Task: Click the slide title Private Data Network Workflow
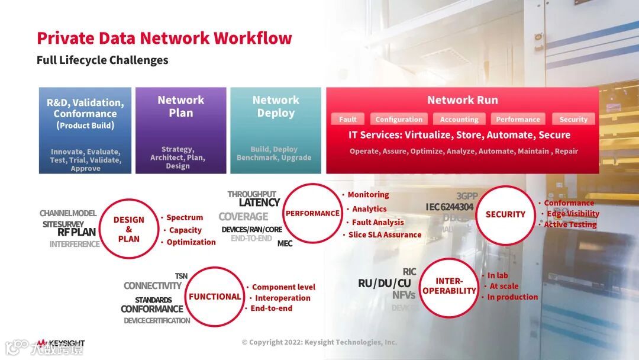[x=164, y=38]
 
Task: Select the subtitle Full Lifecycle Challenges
[x=102, y=60]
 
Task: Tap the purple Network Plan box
[x=180, y=130]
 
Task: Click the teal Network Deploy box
[x=275, y=130]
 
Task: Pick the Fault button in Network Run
[x=348, y=119]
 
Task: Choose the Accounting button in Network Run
[x=459, y=119]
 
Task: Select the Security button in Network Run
[x=573, y=119]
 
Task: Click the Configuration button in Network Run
[x=399, y=119]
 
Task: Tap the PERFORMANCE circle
[x=312, y=213]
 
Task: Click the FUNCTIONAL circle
[x=215, y=297]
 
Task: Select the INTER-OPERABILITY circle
[x=449, y=286]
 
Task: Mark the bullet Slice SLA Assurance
[x=385, y=235]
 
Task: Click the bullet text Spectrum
[x=185, y=218]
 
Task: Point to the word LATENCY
[x=259, y=202]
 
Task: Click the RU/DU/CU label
[x=384, y=284]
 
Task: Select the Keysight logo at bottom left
[x=61, y=343]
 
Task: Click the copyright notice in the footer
[x=319, y=342]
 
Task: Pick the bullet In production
[x=512, y=297]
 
